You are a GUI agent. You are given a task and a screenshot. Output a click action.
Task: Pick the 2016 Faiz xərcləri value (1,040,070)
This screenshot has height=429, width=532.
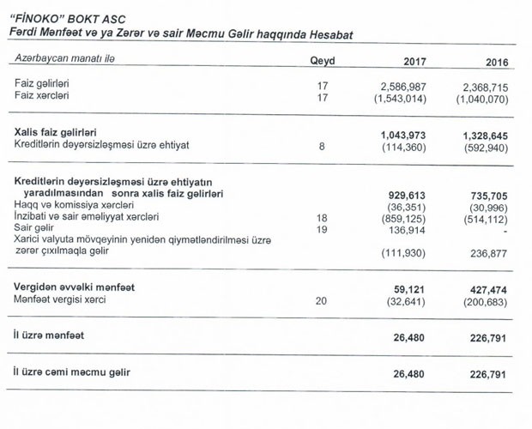pos(482,100)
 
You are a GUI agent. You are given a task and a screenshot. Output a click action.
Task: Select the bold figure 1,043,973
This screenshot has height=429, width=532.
pos(402,136)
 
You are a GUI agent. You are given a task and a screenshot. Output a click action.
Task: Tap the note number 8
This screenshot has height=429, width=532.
pos(322,147)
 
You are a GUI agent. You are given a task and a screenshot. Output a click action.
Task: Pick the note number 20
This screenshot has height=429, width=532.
pos(322,301)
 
